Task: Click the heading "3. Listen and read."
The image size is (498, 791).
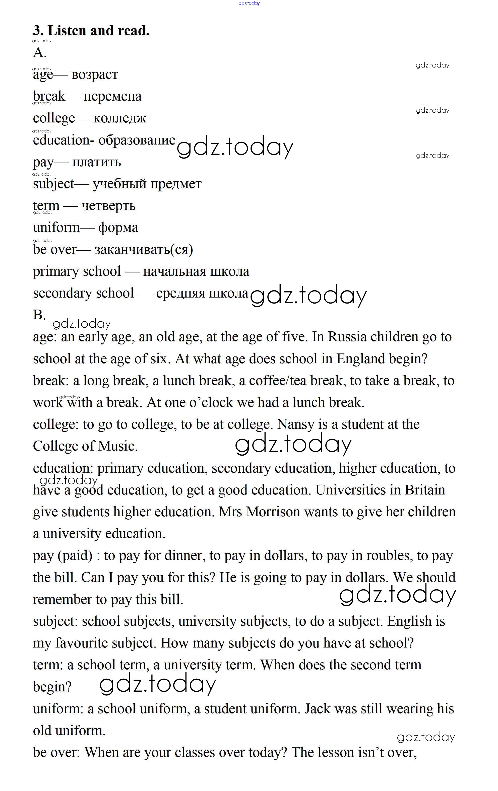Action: click(x=91, y=31)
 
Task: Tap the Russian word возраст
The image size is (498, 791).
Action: click(x=95, y=75)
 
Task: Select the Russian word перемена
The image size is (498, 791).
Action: click(x=112, y=96)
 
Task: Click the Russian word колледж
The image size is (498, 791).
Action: click(x=120, y=118)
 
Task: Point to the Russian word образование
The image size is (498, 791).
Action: click(x=137, y=140)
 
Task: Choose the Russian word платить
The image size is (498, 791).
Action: click(x=96, y=162)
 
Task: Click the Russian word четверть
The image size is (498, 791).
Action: click(x=108, y=206)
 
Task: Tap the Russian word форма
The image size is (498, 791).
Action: click(x=118, y=228)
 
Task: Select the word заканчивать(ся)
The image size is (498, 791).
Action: click(x=144, y=250)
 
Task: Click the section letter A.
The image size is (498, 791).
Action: click(x=39, y=53)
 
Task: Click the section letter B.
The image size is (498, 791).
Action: click(x=39, y=315)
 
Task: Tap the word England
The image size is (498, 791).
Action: click(x=361, y=359)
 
